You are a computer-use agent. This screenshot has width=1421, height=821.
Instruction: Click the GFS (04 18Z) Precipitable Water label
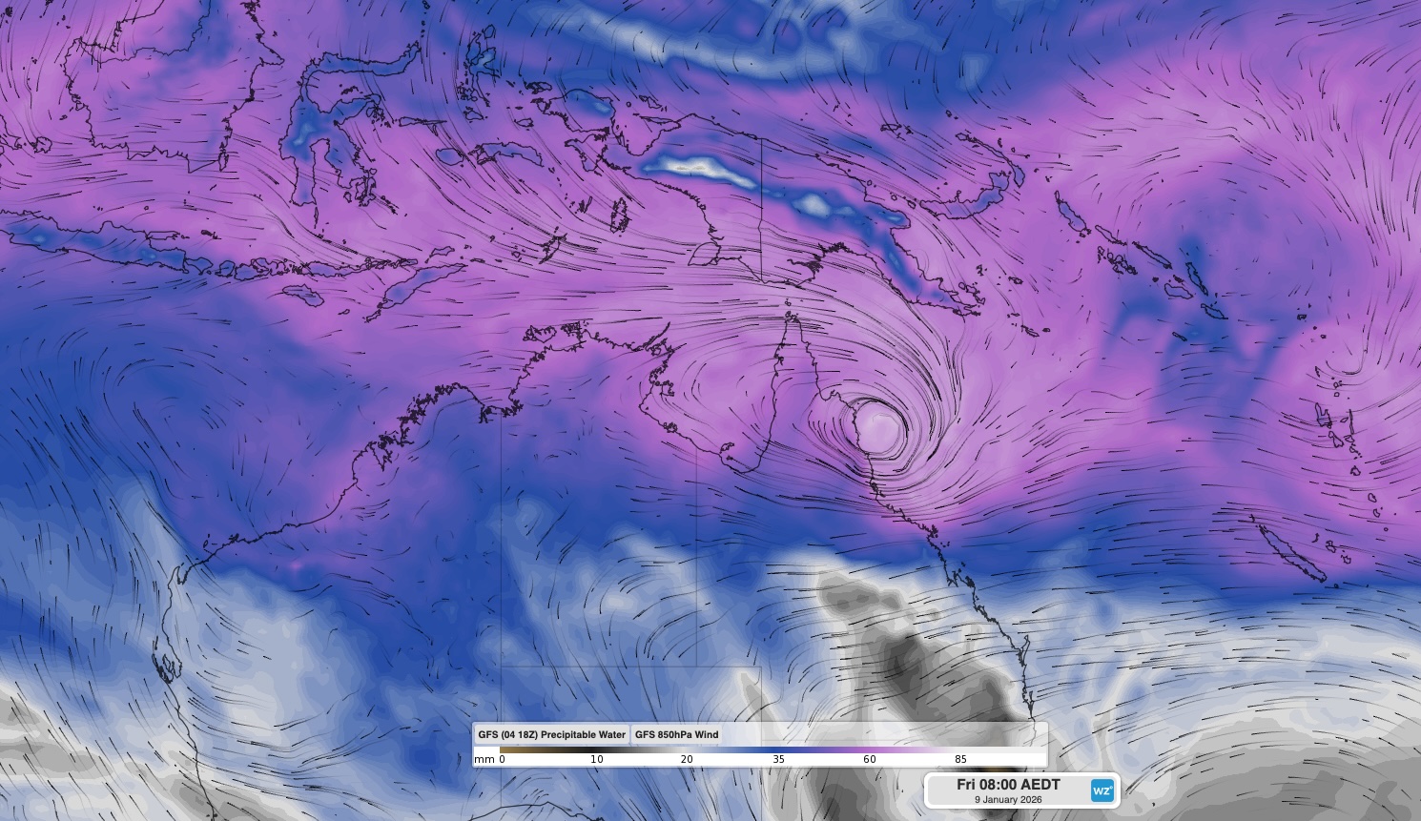coord(551,734)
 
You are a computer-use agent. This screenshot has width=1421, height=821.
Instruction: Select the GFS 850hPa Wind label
coord(676,734)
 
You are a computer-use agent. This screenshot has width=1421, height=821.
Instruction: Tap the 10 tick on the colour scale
coord(596,759)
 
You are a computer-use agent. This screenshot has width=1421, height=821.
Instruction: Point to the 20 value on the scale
coord(687,759)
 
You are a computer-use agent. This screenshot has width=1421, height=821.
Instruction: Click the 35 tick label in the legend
coord(778,759)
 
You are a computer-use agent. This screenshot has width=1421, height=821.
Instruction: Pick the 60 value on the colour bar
coord(869,759)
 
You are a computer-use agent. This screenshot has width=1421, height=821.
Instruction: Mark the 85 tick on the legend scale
coord(960,759)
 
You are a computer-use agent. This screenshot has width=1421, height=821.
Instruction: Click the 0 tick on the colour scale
coord(503,759)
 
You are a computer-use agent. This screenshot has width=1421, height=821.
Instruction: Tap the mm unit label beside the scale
coord(484,759)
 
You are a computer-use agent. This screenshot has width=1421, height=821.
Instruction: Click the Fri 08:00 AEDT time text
coord(1008,784)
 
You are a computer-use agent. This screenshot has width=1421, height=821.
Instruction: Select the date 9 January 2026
coord(1008,799)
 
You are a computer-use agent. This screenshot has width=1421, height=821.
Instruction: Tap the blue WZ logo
coord(1102,790)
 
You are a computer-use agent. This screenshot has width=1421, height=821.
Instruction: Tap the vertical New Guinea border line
coord(761,210)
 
